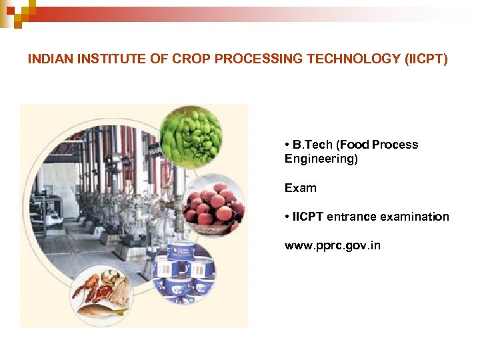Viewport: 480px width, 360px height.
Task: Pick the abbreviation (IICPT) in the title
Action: [426, 59]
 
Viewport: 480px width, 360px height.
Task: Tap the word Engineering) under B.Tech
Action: [321, 159]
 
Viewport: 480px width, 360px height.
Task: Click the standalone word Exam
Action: [300, 188]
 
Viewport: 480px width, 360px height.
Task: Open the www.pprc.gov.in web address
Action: [333, 246]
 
